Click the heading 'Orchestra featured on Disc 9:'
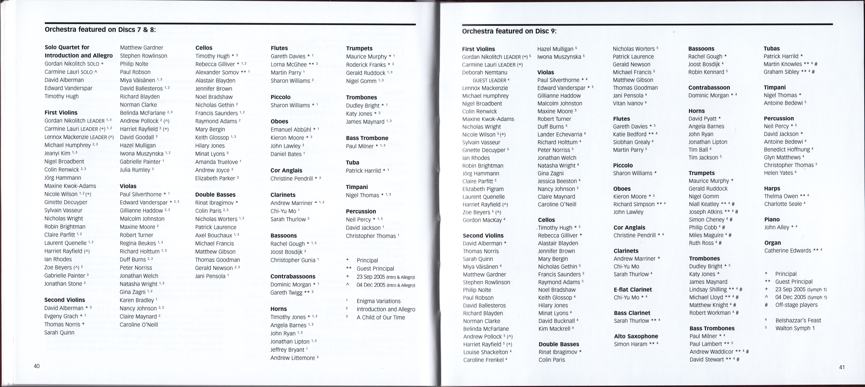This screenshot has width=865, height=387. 509,31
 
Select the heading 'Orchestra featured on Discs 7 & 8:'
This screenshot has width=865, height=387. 100,30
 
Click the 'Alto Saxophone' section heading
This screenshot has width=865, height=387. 636,336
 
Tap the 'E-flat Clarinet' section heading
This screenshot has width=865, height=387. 633,289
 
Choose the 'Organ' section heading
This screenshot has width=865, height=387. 772,242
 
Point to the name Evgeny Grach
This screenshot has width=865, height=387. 61,316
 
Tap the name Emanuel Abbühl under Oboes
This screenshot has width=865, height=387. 291,129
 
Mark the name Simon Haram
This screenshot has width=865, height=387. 630,344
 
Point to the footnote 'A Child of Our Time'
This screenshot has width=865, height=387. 381,317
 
